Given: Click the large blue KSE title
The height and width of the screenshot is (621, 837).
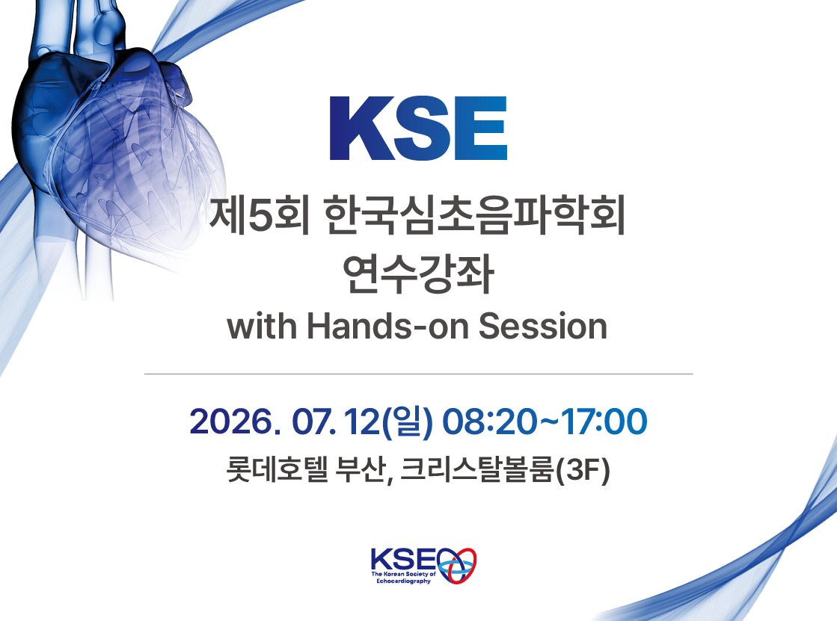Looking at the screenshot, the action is pos(419,128).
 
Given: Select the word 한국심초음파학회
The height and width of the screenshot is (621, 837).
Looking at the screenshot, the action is pos(475,216).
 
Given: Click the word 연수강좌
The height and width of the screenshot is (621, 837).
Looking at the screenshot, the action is pos(418,274).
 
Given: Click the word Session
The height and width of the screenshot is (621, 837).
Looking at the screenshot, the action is pos(543,325).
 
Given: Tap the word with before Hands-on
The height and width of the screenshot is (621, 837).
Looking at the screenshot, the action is pos(262,325).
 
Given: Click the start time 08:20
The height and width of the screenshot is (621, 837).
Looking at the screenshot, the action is pos(488,421).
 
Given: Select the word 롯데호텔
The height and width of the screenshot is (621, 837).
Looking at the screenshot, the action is pos(277,469).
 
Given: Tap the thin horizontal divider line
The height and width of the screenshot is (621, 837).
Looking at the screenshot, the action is pos(419,374).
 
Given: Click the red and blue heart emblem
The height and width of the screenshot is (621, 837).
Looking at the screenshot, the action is pos(457,564).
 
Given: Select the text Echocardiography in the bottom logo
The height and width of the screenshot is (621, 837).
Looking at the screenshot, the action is pos(404,581).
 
